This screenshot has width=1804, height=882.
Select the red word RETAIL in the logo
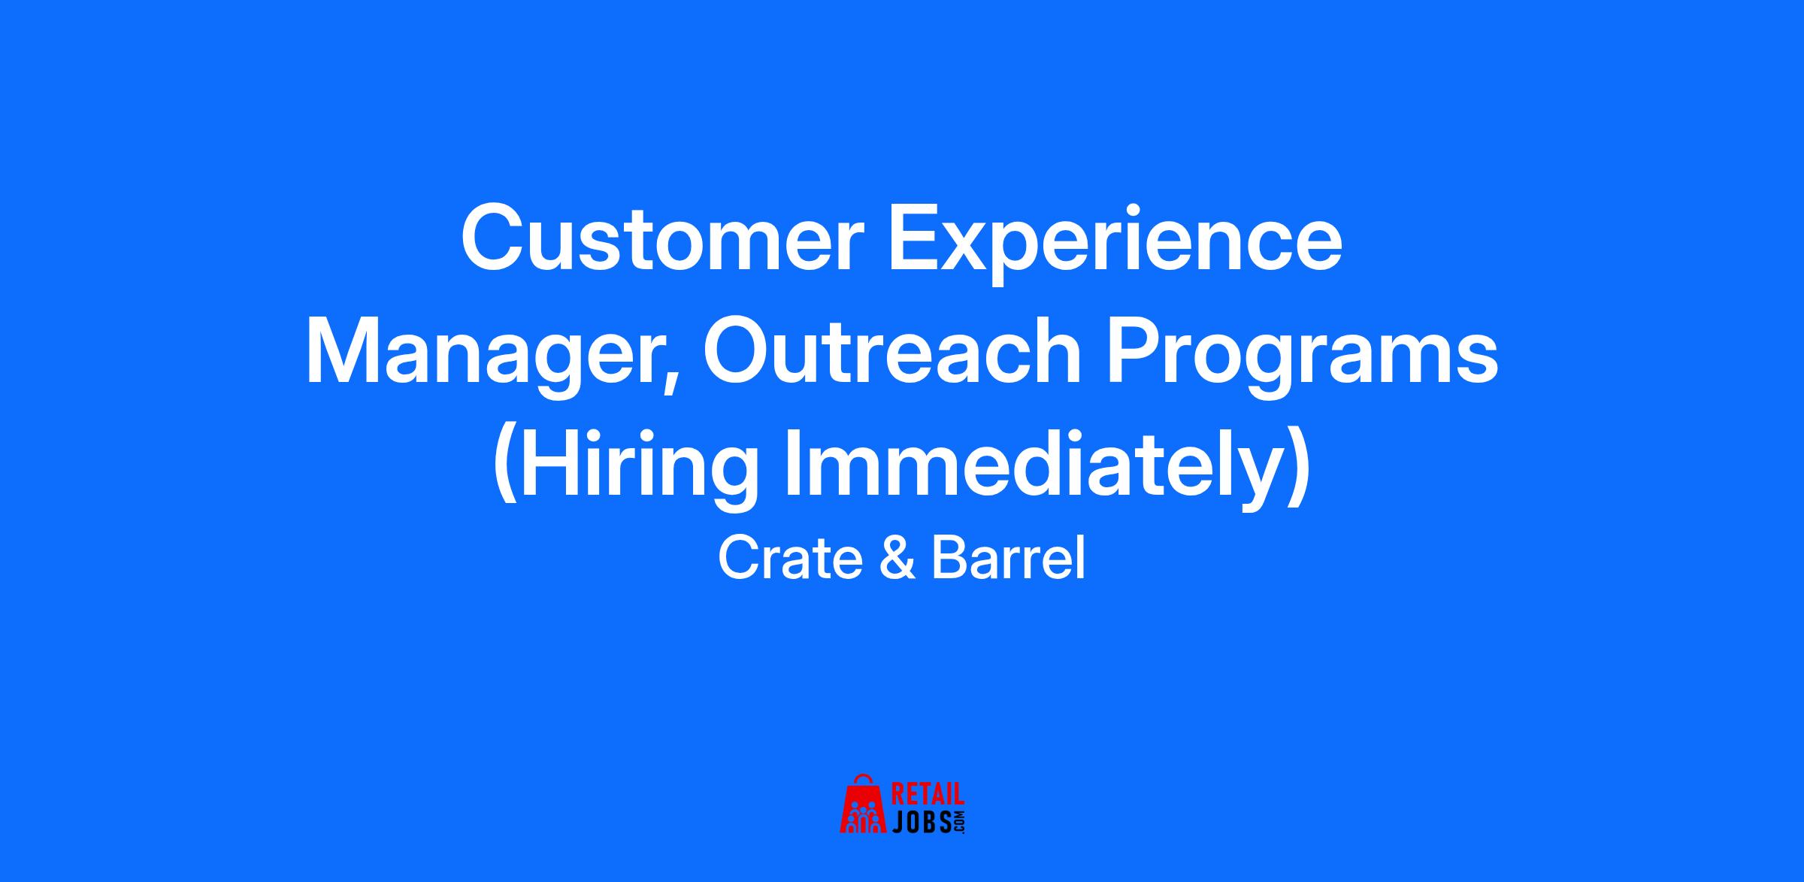point(928,795)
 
